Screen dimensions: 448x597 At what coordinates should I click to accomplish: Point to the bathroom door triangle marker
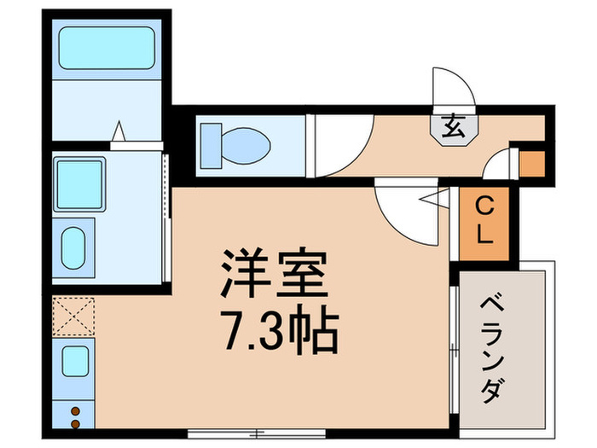tap(119, 131)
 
